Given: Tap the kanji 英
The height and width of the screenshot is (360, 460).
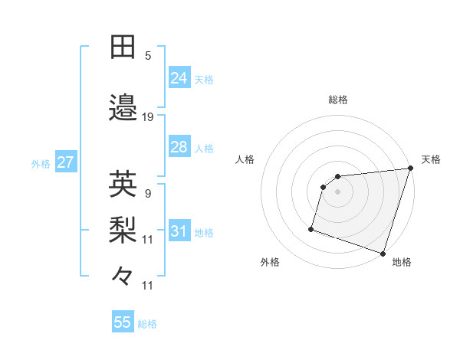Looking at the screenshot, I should (123, 184).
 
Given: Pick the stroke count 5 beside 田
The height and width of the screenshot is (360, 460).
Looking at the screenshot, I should (148, 56).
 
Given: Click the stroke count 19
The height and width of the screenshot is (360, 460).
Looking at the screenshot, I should (148, 117).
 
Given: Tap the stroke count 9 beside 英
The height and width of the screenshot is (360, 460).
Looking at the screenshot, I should (148, 194).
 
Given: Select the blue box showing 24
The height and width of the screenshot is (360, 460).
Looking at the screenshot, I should (179, 77).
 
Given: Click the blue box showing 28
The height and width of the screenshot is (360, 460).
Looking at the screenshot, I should (179, 147).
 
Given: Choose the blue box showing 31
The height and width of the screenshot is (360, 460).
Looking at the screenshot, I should (179, 231).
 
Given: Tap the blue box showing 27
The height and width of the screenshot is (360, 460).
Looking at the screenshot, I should (65, 163).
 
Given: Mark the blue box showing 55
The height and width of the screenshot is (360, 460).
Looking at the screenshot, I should (123, 322).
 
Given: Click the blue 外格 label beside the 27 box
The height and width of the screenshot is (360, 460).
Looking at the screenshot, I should (41, 164).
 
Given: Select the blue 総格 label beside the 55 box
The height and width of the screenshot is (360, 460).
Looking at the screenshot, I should (147, 324).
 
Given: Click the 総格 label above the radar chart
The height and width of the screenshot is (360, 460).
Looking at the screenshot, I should (338, 100).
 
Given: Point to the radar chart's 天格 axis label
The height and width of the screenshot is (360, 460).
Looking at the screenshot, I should (431, 159).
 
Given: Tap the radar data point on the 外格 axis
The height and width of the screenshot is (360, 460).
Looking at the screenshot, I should (311, 228).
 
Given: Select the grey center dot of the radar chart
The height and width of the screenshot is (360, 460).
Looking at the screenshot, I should (337, 191).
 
